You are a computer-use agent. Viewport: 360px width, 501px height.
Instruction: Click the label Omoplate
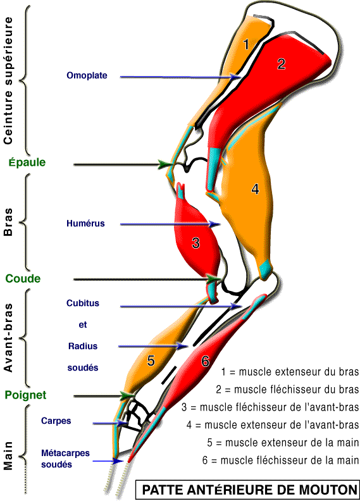(x=87, y=76)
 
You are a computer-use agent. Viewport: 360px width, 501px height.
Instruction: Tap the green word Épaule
(x=27, y=163)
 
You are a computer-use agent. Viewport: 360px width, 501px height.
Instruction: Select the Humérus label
(x=85, y=223)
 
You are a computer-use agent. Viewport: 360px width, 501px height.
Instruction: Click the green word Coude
(x=23, y=278)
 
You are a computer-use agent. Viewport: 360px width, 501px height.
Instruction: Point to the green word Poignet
(x=25, y=395)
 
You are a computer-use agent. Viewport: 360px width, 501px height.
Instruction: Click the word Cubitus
(x=83, y=303)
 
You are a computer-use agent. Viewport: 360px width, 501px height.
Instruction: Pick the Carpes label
(x=56, y=421)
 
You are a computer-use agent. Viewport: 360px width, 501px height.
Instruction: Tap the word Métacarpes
(x=66, y=453)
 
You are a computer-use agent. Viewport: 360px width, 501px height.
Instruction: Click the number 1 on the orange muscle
(x=245, y=44)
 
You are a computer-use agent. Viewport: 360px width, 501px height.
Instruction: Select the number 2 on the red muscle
(x=281, y=64)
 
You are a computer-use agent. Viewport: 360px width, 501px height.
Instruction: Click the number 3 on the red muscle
(x=196, y=243)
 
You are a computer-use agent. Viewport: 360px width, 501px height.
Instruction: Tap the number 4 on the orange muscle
(x=255, y=189)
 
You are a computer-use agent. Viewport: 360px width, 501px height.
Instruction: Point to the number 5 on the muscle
(x=151, y=361)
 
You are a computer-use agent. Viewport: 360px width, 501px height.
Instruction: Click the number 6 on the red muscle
(x=205, y=361)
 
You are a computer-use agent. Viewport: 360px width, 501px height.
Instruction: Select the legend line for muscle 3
(x=270, y=407)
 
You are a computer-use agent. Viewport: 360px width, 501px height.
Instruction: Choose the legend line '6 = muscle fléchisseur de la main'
(x=280, y=461)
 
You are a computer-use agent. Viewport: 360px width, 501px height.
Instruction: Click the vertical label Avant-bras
(x=8, y=338)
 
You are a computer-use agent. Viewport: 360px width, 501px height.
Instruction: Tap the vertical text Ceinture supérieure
(x=8, y=80)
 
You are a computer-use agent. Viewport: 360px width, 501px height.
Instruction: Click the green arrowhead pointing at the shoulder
(x=165, y=164)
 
